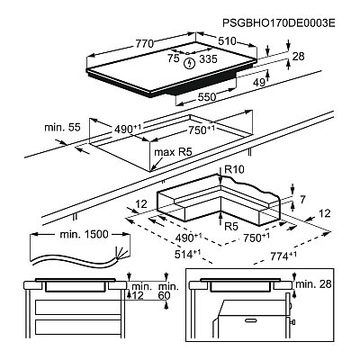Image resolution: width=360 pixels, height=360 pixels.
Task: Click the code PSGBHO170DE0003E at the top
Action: point(278,23)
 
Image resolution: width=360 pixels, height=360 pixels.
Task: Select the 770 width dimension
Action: point(145,44)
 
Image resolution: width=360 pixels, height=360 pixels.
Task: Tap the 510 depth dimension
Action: point(227,41)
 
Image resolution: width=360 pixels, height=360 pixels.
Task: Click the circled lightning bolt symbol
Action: point(190,63)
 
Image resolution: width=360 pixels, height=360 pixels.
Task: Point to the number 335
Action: point(208,59)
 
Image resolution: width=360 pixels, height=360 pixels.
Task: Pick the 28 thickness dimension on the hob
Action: point(298,57)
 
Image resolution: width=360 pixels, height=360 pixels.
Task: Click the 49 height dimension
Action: point(258,82)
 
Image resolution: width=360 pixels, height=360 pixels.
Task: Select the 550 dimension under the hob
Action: point(207,96)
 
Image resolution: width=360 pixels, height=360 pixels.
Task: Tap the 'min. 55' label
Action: point(62,127)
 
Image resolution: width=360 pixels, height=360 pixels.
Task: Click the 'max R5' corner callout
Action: point(173,152)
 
